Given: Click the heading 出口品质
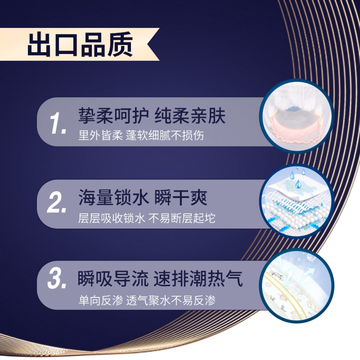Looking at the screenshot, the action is tap(80, 44).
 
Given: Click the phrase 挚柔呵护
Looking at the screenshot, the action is tap(113, 116).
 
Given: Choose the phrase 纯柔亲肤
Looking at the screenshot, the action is tap(190, 116).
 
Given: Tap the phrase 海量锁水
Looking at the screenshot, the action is tap(113, 197).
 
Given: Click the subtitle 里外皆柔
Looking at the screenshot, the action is tap(100, 135).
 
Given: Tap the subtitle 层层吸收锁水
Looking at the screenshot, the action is tap(112, 218).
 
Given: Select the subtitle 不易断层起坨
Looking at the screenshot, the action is tap(182, 218).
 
